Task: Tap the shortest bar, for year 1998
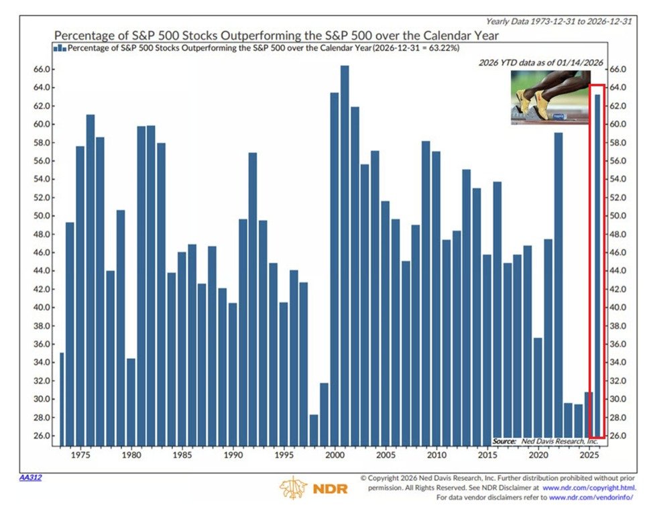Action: click(x=314, y=429)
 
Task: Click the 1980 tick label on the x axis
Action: click(x=131, y=454)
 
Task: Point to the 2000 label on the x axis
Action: click(x=334, y=454)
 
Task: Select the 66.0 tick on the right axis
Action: click(x=617, y=70)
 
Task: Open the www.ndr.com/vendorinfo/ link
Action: click(x=591, y=498)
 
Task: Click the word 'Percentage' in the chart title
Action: click(x=86, y=34)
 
